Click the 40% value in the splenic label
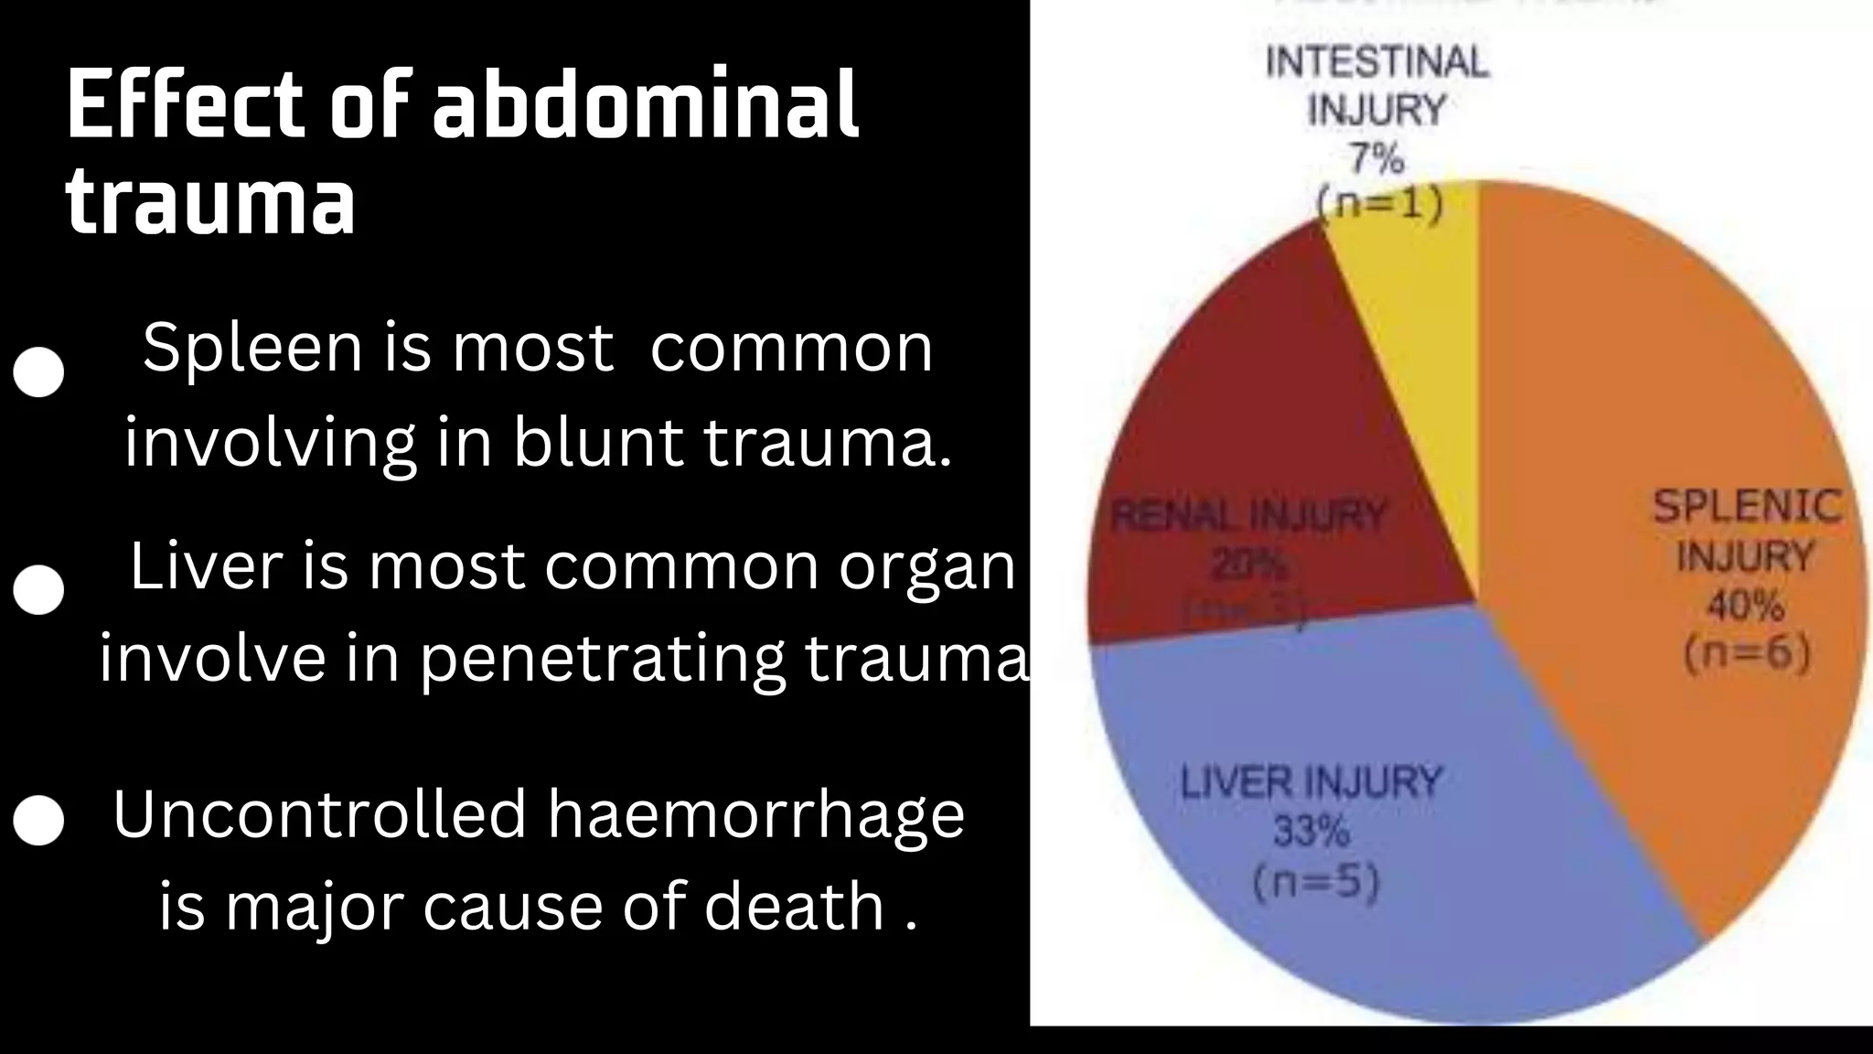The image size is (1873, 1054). tap(1745, 606)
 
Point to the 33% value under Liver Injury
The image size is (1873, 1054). tap(1311, 832)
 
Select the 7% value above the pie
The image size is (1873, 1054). tap(1376, 160)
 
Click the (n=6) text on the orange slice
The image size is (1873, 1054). tap(1747, 654)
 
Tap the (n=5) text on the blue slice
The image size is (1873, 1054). tap(1315, 883)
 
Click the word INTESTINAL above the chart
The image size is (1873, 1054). tap(1377, 62)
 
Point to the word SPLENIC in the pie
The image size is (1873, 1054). tap(1747, 507)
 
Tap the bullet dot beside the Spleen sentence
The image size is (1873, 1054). tap(39, 371)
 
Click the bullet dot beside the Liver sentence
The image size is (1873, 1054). tap(39, 589)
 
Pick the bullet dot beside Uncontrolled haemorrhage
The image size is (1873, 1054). tap(39, 820)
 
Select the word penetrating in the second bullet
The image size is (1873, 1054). tap(603, 659)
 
